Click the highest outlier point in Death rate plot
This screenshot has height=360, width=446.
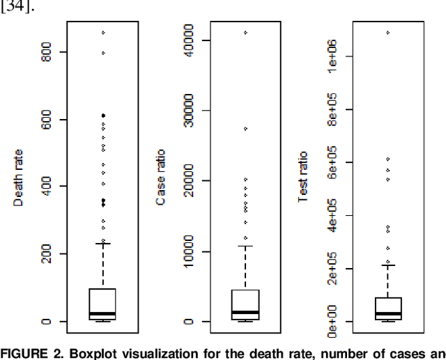coord(103,33)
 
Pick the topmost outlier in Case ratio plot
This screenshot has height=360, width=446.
coord(245,33)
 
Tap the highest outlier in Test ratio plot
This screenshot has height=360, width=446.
coord(388,32)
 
